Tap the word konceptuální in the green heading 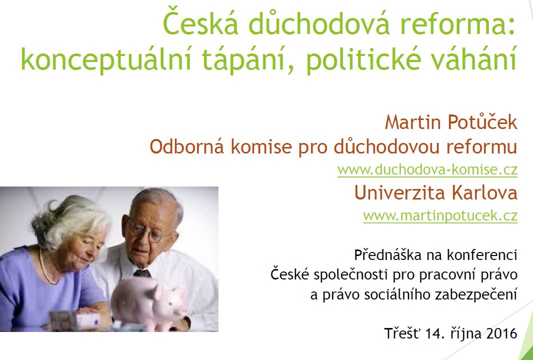(x=106, y=58)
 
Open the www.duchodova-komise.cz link (x=427, y=169)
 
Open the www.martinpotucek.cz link (x=440, y=216)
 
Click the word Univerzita (x=399, y=192)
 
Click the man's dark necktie (x=142, y=273)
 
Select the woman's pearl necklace (x=46, y=267)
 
